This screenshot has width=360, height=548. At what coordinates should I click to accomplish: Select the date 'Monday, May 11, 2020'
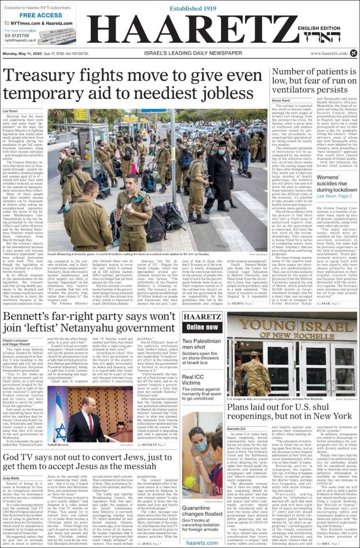tap(23, 53)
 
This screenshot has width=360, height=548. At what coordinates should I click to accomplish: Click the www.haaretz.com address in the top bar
tap(328, 53)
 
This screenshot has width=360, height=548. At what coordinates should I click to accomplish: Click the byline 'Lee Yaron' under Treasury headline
tap(10, 111)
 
